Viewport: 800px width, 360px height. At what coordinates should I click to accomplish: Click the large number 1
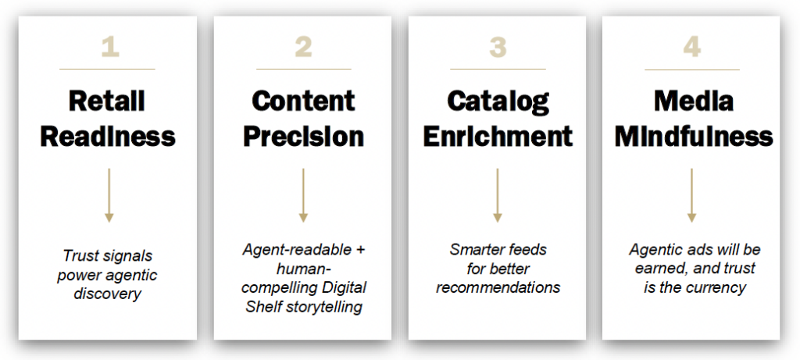(x=109, y=48)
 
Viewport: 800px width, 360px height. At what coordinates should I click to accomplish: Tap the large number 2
(x=303, y=48)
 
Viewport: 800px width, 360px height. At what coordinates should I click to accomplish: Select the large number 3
(x=498, y=48)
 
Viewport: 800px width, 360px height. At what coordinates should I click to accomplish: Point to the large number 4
(x=692, y=48)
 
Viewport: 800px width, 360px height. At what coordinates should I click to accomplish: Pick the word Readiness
(x=108, y=136)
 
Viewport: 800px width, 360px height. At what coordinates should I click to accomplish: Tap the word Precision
(x=303, y=136)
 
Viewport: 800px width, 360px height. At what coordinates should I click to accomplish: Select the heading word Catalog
(x=498, y=102)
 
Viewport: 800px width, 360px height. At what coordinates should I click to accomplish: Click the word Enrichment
(x=498, y=136)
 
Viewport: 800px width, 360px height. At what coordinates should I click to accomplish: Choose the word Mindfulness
(x=694, y=136)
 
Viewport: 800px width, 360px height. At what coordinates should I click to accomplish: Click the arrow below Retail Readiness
(x=109, y=195)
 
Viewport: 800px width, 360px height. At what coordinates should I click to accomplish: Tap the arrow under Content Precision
(x=303, y=195)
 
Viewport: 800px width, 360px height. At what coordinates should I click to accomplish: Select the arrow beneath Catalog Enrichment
(x=498, y=195)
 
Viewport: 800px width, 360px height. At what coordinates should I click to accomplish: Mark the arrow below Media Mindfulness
(x=692, y=195)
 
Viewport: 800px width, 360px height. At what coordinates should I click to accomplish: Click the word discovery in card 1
(x=107, y=294)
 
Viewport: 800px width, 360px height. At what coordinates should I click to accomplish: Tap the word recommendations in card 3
(x=498, y=287)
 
